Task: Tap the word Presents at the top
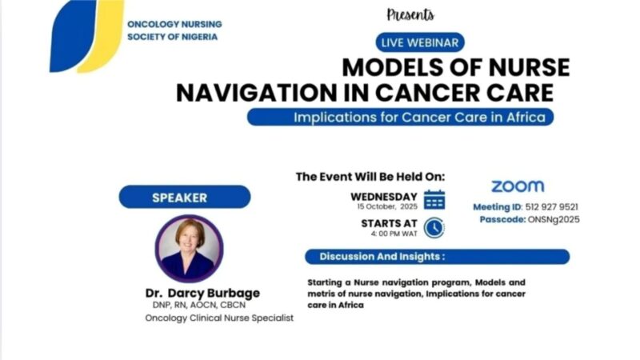(410, 14)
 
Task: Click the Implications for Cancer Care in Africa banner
(401, 117)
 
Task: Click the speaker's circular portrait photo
(190, 249)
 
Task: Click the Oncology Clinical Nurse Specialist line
(219, 318)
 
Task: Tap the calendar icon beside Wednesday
(434, 200)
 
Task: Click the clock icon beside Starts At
(434, 227)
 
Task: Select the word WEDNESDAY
(384, 197)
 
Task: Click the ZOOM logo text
(517, 186)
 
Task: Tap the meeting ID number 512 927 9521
(551, 207)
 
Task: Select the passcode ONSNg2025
(553, 219)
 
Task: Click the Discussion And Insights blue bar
(437, 257)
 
